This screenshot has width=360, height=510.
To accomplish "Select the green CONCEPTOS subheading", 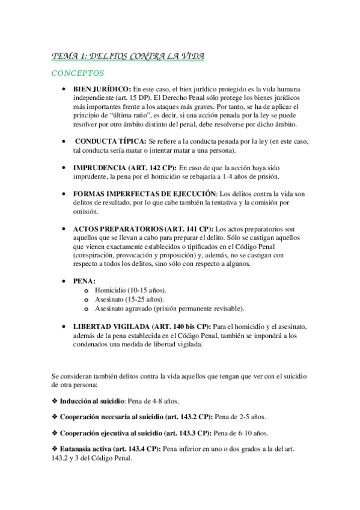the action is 78,74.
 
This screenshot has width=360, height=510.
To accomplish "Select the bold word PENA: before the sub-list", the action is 84,281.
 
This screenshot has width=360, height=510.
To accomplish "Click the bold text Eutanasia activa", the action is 85,448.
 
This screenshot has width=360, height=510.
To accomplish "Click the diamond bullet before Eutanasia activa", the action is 55,448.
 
